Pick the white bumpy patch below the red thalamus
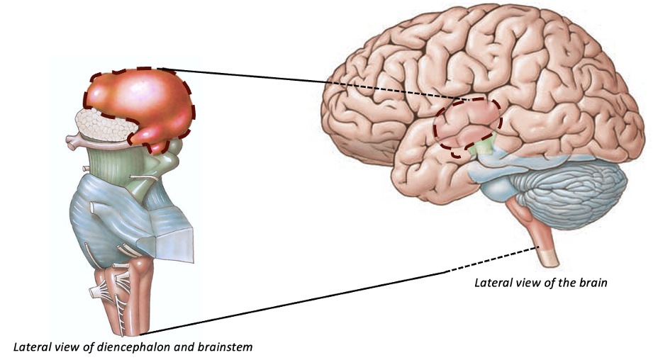(105, 126)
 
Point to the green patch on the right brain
(484, 147)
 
